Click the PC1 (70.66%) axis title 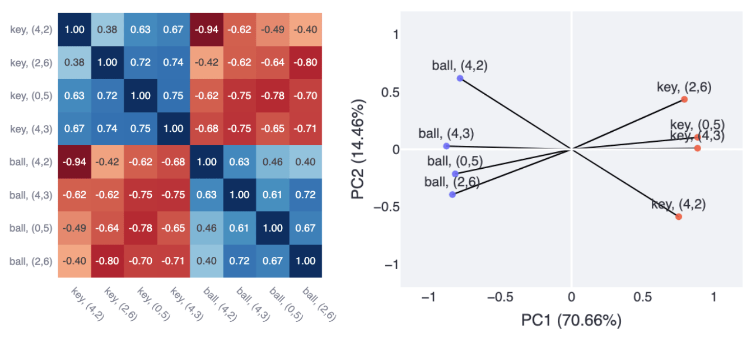pos(571,321)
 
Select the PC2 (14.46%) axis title pos(359,149)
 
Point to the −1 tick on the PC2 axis pos(391,265)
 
